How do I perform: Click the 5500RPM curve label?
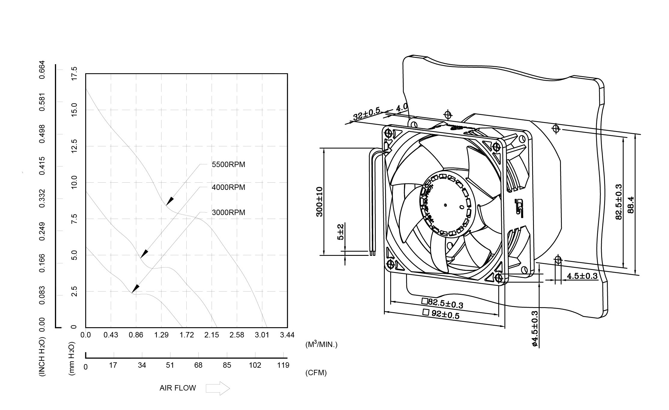click(228, 165)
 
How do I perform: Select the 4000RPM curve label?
click(228, 187)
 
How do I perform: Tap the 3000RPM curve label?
click(228, 213)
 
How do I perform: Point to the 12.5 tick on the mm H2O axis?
click(74, 146)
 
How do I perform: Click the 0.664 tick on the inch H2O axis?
click(42, 70)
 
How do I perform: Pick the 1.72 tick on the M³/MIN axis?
click(187, 335)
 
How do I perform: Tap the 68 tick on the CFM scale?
click(198, 365)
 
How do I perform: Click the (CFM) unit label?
click(316, 373)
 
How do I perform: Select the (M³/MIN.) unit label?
click(321, 345)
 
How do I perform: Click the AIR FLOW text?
click(177, 388)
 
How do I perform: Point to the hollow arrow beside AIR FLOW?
click(218, 388)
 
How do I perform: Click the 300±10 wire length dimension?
click(319, 202)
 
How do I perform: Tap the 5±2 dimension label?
click(340, 232)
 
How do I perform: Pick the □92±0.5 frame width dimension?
click(441, 314)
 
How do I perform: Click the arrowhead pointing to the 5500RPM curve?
click(170, 201)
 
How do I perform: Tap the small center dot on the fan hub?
click(445, 205)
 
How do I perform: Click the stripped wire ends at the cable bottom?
click(372, 253)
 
